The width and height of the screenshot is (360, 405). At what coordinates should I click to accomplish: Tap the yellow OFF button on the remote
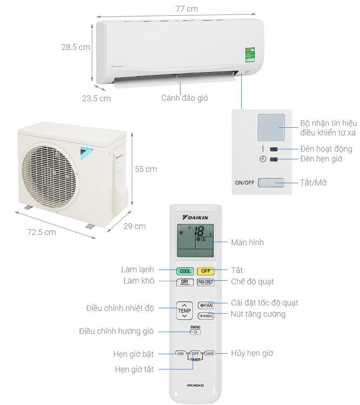(x=205, y=271)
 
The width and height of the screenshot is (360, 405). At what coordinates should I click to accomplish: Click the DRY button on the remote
(x=184, y=283)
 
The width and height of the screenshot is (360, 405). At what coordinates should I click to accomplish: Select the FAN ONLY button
(x=206, y=283)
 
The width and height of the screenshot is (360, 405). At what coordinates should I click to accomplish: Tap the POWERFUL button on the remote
(x=206, y=316)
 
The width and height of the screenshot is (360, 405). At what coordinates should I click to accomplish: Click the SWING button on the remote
(x=195, y=332)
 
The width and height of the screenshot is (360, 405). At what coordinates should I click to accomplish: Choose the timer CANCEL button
(x=210, y=354)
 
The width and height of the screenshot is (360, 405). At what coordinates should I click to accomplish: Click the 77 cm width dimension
(x=186, y=9)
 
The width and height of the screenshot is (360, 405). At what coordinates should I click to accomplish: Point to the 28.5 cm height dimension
(x=76, y=47)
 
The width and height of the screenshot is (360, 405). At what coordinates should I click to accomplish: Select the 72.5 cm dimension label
(x=41, y=232)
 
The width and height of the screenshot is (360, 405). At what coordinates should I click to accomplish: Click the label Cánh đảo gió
(x=184, y=98)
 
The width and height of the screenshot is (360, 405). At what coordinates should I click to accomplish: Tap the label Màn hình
(x=247, y=243)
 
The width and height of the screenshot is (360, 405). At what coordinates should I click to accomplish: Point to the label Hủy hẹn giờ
(x=252, y=353)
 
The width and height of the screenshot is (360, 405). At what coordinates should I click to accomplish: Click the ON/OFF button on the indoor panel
(x=270, y=183)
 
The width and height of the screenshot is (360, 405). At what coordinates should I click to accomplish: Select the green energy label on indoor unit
(x=249, y=55)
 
